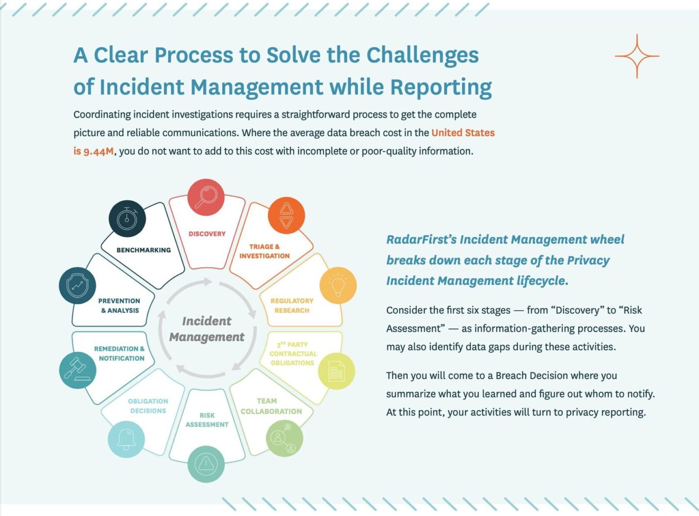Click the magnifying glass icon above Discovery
click(x=205, y=198)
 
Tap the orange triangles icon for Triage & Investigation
click(x=286, y=216)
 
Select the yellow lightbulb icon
click(x=338, y=285)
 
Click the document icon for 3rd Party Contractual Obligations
click(x=336, y=371)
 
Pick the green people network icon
click(x=284, y=438)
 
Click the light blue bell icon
click(x=126, y=439)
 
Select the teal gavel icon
click(x=78, y=370)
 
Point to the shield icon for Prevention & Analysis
click(x=77, y=285)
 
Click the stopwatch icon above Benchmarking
click(x=127, y=219)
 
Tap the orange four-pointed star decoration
click(x=637, y=56)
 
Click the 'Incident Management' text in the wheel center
click(x=207, y=329)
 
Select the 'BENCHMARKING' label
click(x=143, y=250)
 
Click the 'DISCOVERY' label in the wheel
click(x=207, y=234)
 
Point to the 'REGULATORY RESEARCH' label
click(x=291, y=305)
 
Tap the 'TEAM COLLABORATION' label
click(x=271, y=406)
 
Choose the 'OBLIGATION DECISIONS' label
click(x=148, y=406)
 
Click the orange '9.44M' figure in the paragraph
click(x=98, y=151)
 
